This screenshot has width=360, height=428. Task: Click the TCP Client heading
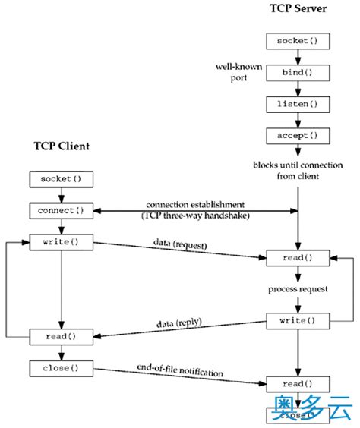63,146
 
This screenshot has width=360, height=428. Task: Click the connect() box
60,210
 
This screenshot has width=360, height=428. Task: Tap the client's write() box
60,242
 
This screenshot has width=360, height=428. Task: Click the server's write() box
297,321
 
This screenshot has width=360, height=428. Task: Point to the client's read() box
60,336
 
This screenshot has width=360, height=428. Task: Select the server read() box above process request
297,258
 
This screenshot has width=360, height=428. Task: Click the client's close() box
60,368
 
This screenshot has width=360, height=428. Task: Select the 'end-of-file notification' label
179,373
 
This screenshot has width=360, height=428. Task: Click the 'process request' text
297,290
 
